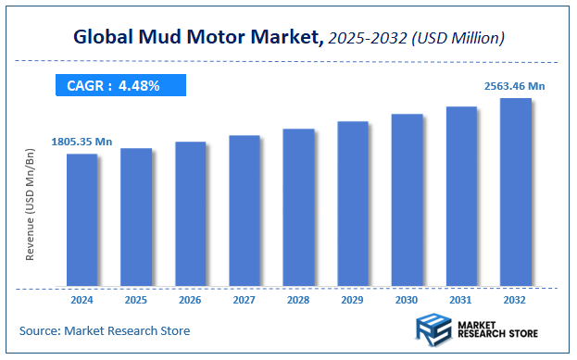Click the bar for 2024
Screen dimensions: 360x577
[82, 219]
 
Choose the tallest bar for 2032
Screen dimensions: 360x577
[516, 192]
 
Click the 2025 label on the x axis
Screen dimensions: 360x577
[136, 301]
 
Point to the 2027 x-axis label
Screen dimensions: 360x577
[245, 301]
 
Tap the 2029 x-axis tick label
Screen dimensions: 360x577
[353, 301]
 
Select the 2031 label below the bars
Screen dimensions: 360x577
[461, 301]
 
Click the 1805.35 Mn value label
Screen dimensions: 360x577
[81, 142]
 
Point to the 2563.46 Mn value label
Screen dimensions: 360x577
[516, 86]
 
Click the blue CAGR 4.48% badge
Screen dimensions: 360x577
[119, 86]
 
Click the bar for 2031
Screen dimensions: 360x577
[461, 196]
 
